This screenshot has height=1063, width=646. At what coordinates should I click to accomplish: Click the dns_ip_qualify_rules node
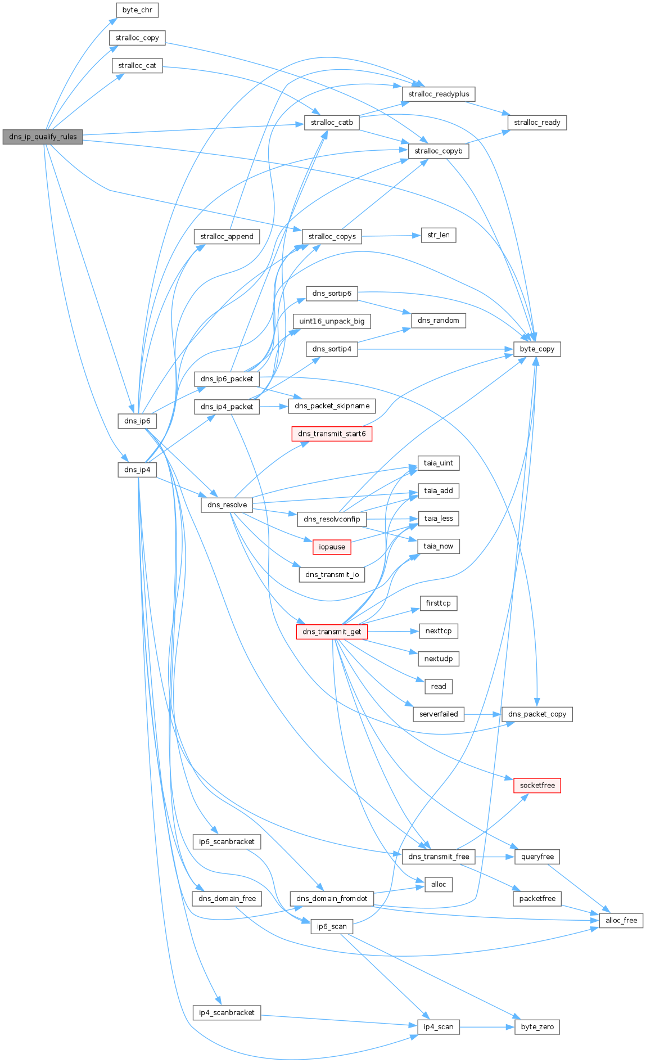tap(43, 137)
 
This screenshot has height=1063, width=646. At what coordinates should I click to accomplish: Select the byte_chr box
tap(137, 10)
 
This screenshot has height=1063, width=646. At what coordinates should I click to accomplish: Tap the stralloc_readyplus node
tap(439, 94)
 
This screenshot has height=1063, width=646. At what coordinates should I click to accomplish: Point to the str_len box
tap(439, 235)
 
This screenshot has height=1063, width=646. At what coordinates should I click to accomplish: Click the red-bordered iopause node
tap(332, 547)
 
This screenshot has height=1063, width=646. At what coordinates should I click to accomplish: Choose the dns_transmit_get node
tap(332, 632)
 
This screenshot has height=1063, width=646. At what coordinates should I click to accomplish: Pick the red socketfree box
tap(537, 785)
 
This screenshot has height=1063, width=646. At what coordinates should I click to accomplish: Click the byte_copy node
tap(537, 349)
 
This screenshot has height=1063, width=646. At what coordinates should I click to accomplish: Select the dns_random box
tap(439, 321)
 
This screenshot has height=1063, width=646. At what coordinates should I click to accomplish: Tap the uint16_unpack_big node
tap(332, 321)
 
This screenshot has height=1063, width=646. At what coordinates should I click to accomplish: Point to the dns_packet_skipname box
tap(332, 406)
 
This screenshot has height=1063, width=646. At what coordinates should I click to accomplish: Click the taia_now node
tap(439, 546)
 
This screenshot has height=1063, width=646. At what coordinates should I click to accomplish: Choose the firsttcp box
tap(439, 603)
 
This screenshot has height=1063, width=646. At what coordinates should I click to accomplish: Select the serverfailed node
tap(439, 714)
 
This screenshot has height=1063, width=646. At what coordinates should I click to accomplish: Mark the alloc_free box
tap(621, 921)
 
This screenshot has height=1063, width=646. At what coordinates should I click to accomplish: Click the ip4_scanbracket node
tap(227, 1012)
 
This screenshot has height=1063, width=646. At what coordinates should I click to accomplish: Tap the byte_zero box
tap(537, 1027)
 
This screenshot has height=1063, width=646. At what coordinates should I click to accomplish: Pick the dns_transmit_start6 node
tap(332, 434)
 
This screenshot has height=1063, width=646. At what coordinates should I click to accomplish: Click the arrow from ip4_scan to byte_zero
tap(487, 1027)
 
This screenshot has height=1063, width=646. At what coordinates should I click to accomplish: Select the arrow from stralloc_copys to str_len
tap(391, 236)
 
